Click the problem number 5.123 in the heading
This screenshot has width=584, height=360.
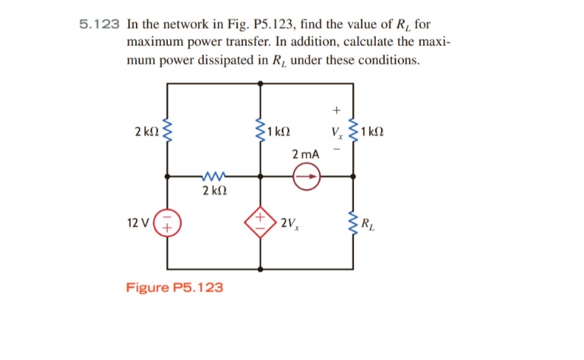point(100,24)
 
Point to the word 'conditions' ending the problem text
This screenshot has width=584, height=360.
point(390,59)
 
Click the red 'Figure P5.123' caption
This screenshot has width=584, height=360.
point(175,287)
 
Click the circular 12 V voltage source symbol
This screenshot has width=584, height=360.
point(166,223)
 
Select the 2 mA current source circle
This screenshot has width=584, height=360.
point(308,177)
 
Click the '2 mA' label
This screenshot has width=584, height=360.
point(305,154)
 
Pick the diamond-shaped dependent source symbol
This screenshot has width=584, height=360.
point(260,223)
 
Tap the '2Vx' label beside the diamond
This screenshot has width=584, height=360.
point(288,223)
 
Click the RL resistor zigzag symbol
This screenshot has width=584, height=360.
point(352,223)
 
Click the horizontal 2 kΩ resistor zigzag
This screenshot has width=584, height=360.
point(213,175)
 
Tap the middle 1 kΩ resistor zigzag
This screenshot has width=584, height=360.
point(260,131)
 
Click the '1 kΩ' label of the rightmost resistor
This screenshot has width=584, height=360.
point(372,131)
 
